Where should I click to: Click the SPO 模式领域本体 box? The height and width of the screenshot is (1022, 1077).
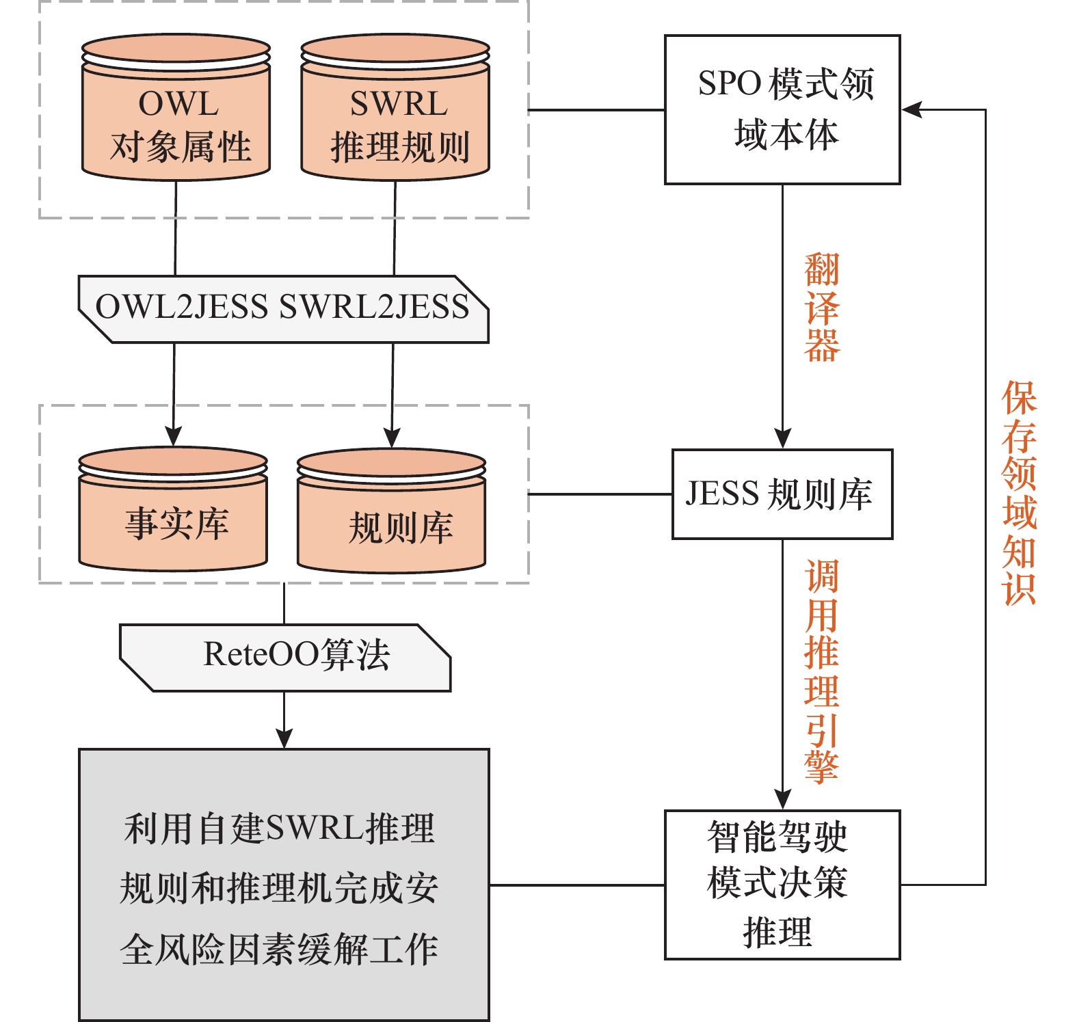(x=782, y=109)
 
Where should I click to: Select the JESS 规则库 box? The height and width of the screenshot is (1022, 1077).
(x=782, y=494)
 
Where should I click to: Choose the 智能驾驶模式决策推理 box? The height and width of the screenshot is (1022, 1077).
(x=782, y=885)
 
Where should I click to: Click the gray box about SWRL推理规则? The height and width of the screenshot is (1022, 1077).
(x=284, y=885)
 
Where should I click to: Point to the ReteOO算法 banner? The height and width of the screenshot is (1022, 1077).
(x=285, y=657)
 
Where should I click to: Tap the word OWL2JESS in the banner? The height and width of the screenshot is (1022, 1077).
(x=182, y=307)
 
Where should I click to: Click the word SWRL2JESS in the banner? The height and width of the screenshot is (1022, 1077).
(x=374, y=307)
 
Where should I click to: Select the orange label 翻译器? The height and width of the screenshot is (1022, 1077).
(x=821, y=308)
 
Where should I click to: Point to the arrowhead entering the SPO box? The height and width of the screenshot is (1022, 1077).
(x=912, y=109)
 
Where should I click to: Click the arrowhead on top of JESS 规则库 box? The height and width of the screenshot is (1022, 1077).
(x=782, y=438)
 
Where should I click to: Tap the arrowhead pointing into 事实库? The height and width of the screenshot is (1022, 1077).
(x=174, y=435)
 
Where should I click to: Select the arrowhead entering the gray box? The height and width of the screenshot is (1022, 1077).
(x=284, y=738)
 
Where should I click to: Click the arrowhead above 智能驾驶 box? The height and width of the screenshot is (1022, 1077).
(x=782, y=799)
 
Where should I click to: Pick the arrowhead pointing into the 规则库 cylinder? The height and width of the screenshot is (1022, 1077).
(x=392, y=437)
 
